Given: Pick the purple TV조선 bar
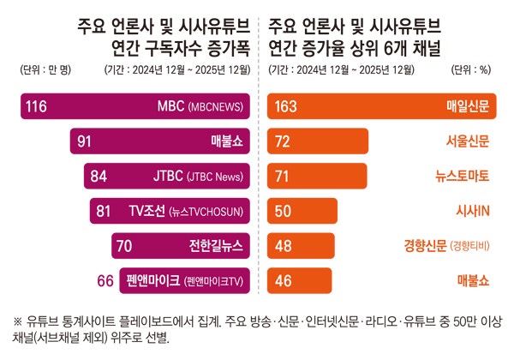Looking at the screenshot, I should (168, 211).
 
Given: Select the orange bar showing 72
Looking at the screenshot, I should (318, 141).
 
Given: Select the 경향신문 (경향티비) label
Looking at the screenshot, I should (446, 245).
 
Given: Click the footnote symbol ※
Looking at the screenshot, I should (18, 321).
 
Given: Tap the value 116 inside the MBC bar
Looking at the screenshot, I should (36, 106).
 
